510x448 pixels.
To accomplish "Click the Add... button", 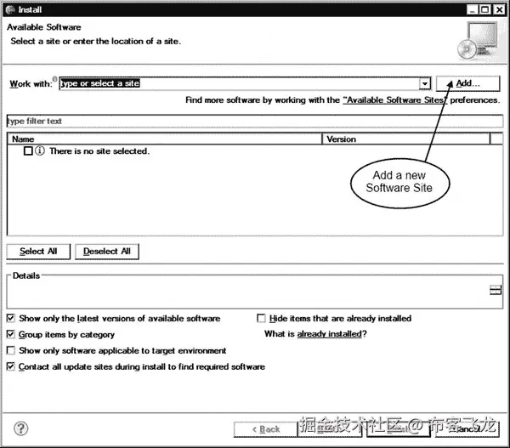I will pyautogui.click(x=467, y=83).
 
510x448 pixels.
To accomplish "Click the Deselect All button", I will pyautogui.click(x=107, y=251).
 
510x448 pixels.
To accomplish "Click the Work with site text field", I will pyautogui.click(x=238, y=83).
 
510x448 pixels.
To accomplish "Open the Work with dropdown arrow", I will pyautogui.click(x=425, y=83).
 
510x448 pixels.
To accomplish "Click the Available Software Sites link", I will pyautogui.click(x=396, y=100).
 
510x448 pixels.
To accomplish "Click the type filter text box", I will pyautogui.click(x=253, y=122).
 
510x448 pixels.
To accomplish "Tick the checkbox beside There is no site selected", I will pyautogui.click(x=28, y=150).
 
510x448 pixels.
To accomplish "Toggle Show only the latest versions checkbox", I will pyautogui.click(x=11, y=319).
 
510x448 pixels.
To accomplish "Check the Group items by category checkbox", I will pyautogui.click(x=11, y=335).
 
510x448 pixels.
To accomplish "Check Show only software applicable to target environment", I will pyautogui.click(x=11, y=350).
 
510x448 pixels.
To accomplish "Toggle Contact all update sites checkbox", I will pyautogui.click(x=11, y=366).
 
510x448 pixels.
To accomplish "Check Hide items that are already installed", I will pyautogui.click(x=262, y=319).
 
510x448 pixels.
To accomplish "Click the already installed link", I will pyautogui.click(x=330, y=335).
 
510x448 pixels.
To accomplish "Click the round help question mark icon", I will pyautogui.click(x=21, y=428).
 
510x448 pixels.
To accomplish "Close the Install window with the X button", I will pyautogui.click(x=497, y=9).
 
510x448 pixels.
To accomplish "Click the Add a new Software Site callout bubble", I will pyautogui.click(x=399, y=181).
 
